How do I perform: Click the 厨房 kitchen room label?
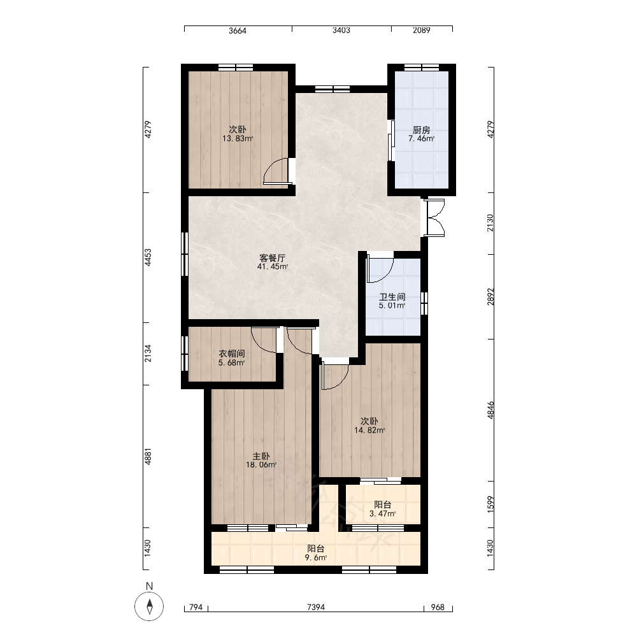[421, 130]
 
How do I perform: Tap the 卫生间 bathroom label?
[392, 297]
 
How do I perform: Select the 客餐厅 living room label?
[272, 258]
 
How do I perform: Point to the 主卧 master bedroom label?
[261, 456]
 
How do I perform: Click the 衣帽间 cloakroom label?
[232, 354]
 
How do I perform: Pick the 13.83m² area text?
[237, 138]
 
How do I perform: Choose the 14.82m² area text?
[369, 430]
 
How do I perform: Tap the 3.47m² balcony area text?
[382, 513]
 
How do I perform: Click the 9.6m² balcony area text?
[316, 558]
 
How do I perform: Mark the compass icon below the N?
[149, 606]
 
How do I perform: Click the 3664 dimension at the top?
[237, 31]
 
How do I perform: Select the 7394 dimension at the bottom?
[316, 607]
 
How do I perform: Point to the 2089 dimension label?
[421, 30]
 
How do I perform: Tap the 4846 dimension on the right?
[490, 410]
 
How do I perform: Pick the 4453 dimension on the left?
[148, 257]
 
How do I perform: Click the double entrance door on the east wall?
[434, 218]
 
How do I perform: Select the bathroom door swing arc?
[384, 275]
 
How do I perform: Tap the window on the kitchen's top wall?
[421, 68]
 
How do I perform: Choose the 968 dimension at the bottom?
[438, 607]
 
